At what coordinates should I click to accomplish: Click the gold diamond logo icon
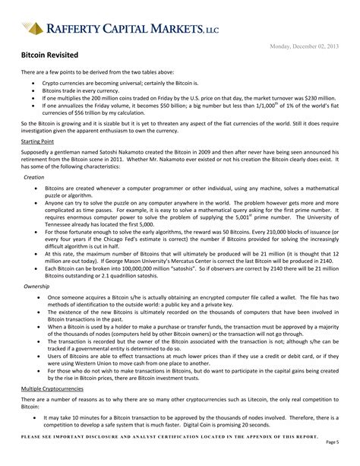[x=32, y=28]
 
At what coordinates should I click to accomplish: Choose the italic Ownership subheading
[x=37, y=286]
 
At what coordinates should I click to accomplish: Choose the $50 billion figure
[x=166, y=106]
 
